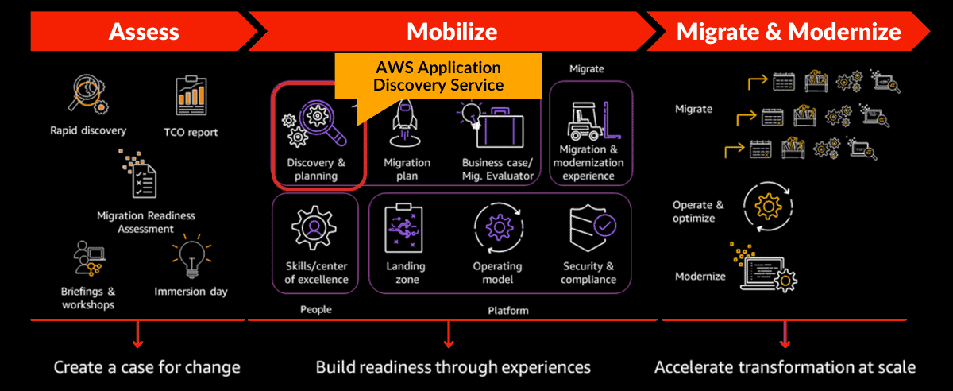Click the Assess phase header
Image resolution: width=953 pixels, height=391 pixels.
[x=144, y=32]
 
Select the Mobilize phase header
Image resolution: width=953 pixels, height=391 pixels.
[x=452, y=32]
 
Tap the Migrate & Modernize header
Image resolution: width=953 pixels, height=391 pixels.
[x=788, y=32]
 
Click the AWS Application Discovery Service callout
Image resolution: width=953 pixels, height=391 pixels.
[x=438, y=76]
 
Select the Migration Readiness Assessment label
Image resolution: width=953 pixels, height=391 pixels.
[x=145, y=223]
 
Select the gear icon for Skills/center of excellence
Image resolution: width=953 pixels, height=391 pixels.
[x=316, y=227]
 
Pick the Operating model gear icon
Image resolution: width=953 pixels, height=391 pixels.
[x=497, y=228]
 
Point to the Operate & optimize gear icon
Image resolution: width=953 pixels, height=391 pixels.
[x=767, y=207]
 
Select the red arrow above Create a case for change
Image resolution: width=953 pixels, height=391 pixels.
[x=138, y=334]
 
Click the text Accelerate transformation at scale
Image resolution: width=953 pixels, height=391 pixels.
[x=785, y=367]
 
